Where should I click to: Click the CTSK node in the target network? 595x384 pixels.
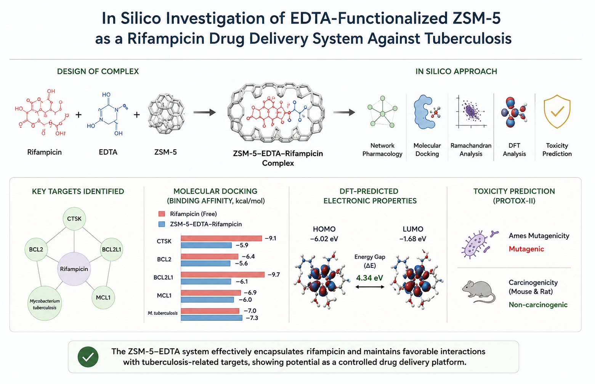point(74,219)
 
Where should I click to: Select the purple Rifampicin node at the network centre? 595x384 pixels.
point(74,269)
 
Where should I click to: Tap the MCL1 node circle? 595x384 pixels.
point(103,298)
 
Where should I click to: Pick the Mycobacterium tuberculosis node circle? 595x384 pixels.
point(45,303)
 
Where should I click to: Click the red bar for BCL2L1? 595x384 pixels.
point(223,275)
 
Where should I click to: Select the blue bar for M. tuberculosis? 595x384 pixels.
point(212,318)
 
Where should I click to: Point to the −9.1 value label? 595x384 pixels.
point(270,238)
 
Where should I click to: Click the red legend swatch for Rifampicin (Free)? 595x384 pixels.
point(162,214)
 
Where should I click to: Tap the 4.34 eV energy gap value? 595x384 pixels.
point(369,278)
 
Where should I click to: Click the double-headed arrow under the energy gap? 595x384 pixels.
point(370,287)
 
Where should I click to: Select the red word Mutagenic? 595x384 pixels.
point(526,249)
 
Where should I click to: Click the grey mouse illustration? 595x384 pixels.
point(479,291)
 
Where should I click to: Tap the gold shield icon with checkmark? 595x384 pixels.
point(557,112)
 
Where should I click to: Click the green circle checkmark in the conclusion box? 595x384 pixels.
point(88,357)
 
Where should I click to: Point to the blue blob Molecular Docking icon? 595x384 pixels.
point(425,112)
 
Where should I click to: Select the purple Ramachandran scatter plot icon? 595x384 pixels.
point(471,112)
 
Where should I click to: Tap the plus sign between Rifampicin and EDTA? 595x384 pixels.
point(79,115)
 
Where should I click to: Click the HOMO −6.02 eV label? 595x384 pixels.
point(324,234)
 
